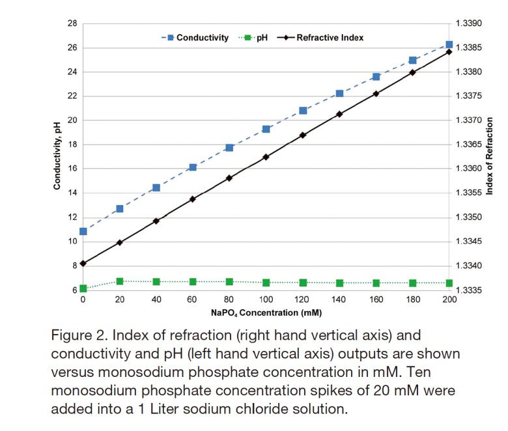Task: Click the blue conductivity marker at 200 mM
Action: [x=449, y=44]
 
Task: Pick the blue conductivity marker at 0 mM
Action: [x=83, y=231]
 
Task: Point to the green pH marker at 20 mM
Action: [x=119, y=281]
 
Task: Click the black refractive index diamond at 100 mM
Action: [x=266, y=157]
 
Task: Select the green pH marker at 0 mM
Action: [x=83, y=288]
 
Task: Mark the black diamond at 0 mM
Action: [x=83, y=263]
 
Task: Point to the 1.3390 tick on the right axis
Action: [x=469, y=23]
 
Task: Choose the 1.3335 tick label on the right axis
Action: [x=469, y=290]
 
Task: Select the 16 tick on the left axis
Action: [x=72, y=169]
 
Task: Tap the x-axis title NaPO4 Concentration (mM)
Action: [x=265, y=313]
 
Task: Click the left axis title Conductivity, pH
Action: [x=57, y=156]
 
